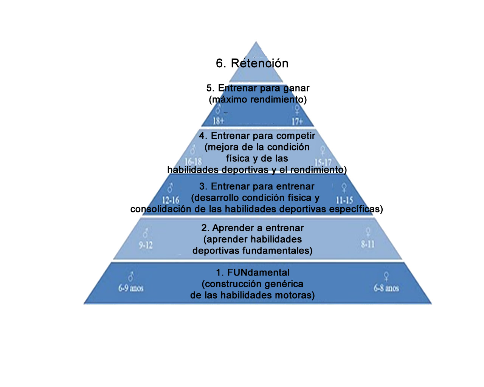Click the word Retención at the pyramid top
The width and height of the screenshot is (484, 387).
tap(259, 63)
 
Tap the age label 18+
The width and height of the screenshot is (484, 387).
tap(218, 121)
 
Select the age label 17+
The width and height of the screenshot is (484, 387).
tap(297, 121)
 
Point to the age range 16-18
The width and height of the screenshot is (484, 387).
tap(193, 162)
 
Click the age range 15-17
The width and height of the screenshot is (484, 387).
tap(323, 163)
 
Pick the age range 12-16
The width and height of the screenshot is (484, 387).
tap(171, 200)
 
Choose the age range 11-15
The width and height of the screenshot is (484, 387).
tap(344, 200)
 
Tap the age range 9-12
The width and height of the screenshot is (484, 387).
tap(146, 245)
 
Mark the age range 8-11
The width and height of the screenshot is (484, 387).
tap(368, 244)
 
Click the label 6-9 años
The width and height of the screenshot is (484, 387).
tap(131, 288)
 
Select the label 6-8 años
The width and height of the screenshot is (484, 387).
tap(386, 288)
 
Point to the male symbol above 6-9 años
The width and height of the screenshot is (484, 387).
tap(131, 276)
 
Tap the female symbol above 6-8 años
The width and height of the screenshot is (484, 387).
tap(386, 276)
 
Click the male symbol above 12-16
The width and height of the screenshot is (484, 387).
tap(171, 188)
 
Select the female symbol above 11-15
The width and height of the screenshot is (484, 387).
tap(344, 187)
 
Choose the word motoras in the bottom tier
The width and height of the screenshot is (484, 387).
tap(295, 295)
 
